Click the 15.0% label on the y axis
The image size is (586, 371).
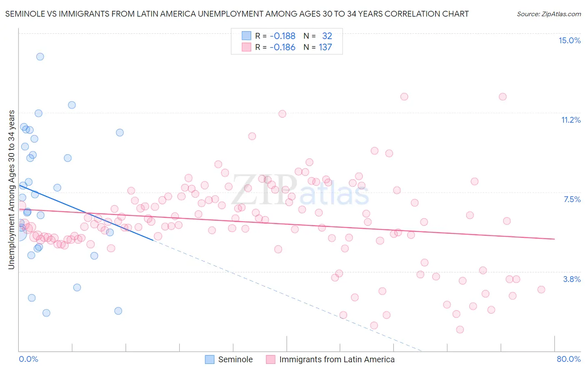[569, 40]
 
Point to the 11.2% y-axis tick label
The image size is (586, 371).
[571, 120]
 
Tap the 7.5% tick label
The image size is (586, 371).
[572, 199]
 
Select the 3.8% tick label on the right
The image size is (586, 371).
[572, 279]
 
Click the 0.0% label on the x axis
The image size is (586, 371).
[28, 359]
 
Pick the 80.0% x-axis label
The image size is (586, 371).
[568, 359]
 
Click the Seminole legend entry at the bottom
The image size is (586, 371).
[235, 359]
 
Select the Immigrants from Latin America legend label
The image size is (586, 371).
[337, 359]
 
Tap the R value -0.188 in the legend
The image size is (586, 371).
[282, 36]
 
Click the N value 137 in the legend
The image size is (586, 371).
[325, 47]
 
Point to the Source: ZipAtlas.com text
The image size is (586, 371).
[548, 14]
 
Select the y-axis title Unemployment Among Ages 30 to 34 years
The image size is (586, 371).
[12, 190]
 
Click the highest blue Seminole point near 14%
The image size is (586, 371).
[40, 57]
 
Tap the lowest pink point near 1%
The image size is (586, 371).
[460, 329]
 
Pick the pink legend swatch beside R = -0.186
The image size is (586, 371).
[246, 47]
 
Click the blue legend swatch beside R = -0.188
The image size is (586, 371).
[246, 36]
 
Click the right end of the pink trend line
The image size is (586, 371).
[554, 239]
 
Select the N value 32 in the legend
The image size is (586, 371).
[327, 36]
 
